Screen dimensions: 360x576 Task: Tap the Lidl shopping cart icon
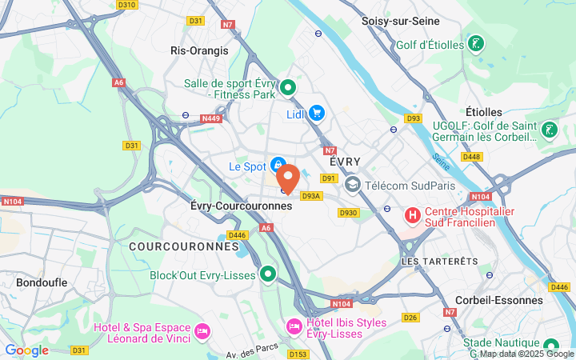(316, 114)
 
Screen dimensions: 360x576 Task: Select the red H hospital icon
(412, 214)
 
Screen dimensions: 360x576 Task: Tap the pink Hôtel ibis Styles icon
(294, 326)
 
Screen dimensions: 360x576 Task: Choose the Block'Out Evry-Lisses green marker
(268, 274)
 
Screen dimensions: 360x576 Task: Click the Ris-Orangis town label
(199, 50)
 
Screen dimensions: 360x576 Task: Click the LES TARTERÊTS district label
(439, 261)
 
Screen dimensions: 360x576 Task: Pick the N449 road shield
(210, 118)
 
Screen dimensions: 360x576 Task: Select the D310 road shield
(126, 5)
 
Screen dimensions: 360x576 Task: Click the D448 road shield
(472, 156)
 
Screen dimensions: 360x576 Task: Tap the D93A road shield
(311, 195)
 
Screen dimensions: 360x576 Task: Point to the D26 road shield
(411, 318)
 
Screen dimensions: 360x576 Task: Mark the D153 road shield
(298, 354)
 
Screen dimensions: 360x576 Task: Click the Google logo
(26, 350)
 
